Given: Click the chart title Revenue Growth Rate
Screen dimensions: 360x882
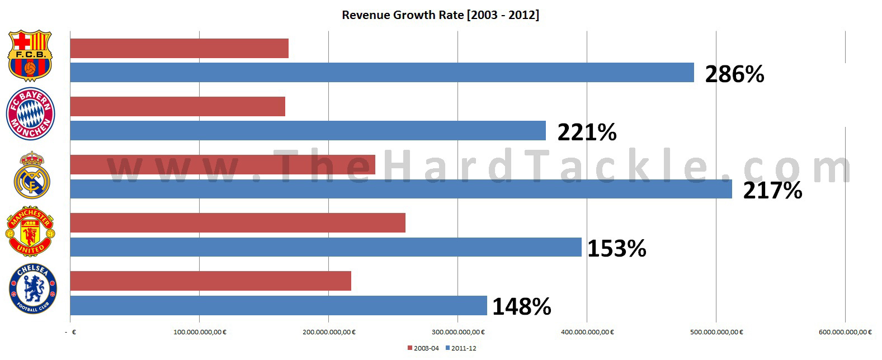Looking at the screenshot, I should click(x=441, y=15).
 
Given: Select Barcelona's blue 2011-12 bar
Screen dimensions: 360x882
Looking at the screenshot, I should click(x=382, y=73).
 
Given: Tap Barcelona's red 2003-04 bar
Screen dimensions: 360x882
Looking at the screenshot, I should click(x=179, y=49).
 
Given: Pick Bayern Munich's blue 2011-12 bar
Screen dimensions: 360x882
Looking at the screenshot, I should click(x=308, y=131).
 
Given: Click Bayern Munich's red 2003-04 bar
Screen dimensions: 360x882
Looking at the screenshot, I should click(x=177, y=107).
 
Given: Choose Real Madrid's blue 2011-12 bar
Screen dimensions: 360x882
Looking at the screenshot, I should click(x=401, y=189).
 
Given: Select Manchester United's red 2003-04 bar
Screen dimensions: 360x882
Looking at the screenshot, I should click(x=238, y=223).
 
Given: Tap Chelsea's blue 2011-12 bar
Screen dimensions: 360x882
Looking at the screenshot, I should click(x=279, y=305).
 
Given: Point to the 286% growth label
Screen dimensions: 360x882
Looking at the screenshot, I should click(x=734, y=74).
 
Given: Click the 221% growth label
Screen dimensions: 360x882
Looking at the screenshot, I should click(x=587, y=132).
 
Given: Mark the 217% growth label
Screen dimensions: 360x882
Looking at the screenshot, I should click(x=772, y=191).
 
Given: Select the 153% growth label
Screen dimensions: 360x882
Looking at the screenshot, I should click(x=616, y=248).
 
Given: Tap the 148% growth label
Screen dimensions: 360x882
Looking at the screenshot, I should click(x=521, y=306).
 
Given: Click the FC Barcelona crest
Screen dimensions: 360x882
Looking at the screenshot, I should click(x=30, y=56).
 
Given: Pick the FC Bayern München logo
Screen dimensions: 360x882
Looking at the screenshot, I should click(x=30, y=115).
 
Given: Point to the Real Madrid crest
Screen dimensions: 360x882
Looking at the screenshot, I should click(x=32, y=175).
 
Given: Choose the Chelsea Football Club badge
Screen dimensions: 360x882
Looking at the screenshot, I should click(x=33, y=290).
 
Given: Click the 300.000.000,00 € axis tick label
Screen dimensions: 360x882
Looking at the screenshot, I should click(x=458, y=332).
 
